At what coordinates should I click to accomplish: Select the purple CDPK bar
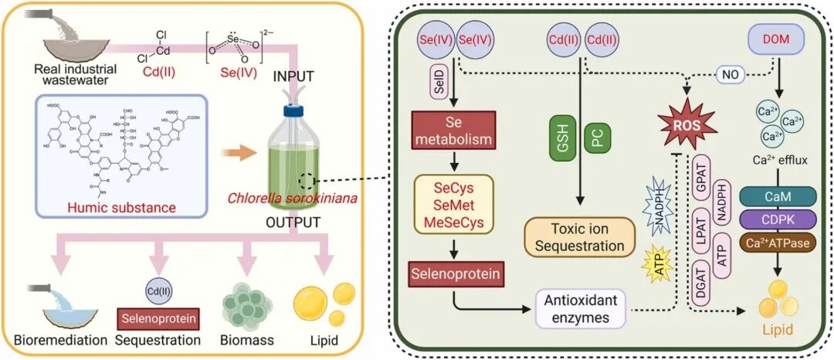[779, 221]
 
